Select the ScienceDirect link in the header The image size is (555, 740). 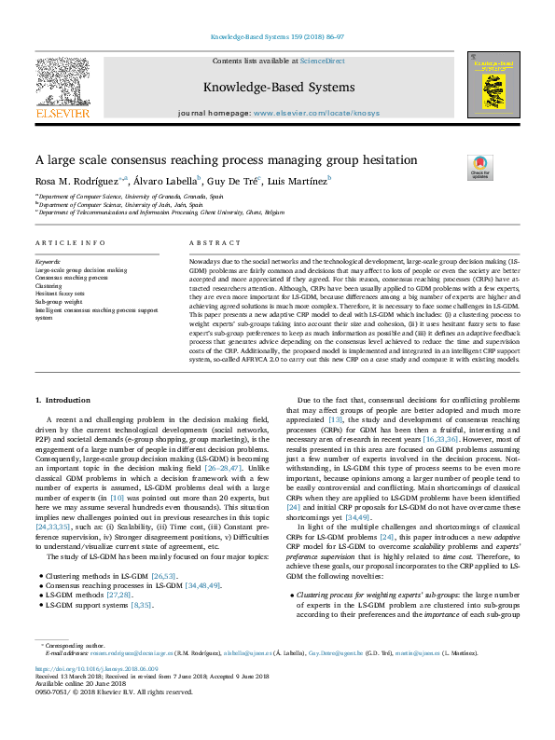(322, 61)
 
